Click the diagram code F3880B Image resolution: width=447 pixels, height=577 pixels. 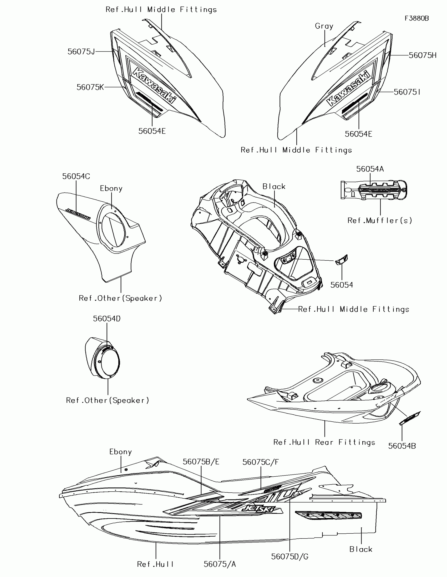(416, 18)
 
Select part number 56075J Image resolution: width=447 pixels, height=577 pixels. (81, 51)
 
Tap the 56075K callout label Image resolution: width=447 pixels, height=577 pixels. (90, 87)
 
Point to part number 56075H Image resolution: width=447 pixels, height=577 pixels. (423, 55)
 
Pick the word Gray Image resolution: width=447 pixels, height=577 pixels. (324, 26)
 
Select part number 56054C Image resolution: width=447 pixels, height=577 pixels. (76, 177)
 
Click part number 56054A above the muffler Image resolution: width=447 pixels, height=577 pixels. (370, 169)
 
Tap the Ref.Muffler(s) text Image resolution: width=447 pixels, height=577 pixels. (380, 220)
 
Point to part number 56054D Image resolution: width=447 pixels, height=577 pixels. (107, 319)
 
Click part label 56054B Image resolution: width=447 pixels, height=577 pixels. (402, 446)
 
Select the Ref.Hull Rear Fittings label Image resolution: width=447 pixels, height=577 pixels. (324, 442)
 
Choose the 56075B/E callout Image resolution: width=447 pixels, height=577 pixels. (201, 462)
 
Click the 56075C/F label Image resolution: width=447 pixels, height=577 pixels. (261, 462)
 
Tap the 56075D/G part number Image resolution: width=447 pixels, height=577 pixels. (290, 557)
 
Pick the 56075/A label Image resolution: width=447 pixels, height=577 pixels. (220, 564)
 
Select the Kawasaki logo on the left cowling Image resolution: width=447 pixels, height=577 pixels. (154, 85)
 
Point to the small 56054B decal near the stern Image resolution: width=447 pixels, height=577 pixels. (409, 418)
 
